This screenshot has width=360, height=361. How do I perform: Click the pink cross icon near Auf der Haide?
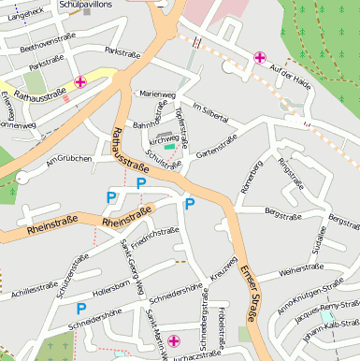[259, 59]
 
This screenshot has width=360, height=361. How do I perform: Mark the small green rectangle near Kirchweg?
[169, 147]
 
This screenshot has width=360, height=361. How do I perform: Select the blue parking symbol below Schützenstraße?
[81, 308]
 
